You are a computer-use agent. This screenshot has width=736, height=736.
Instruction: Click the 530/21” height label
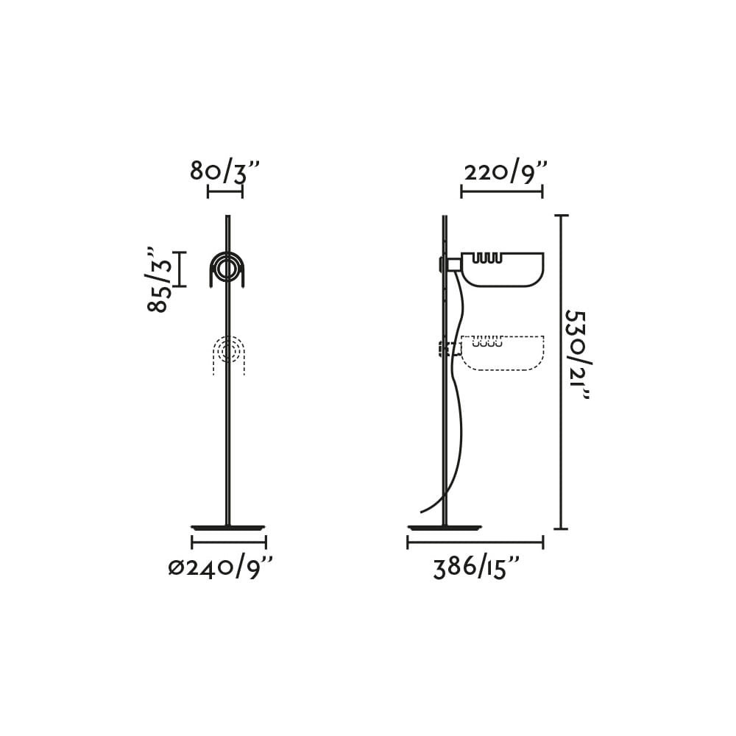[577, 355]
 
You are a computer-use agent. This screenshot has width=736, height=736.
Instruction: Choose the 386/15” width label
[475, 568]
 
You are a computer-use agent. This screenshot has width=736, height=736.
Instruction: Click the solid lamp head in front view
[227, 270]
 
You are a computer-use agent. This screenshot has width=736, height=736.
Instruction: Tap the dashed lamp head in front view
[228, 355]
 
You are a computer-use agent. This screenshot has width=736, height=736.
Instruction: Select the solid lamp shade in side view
[502, 269]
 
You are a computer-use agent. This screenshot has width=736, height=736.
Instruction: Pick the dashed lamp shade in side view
[503, 353]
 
